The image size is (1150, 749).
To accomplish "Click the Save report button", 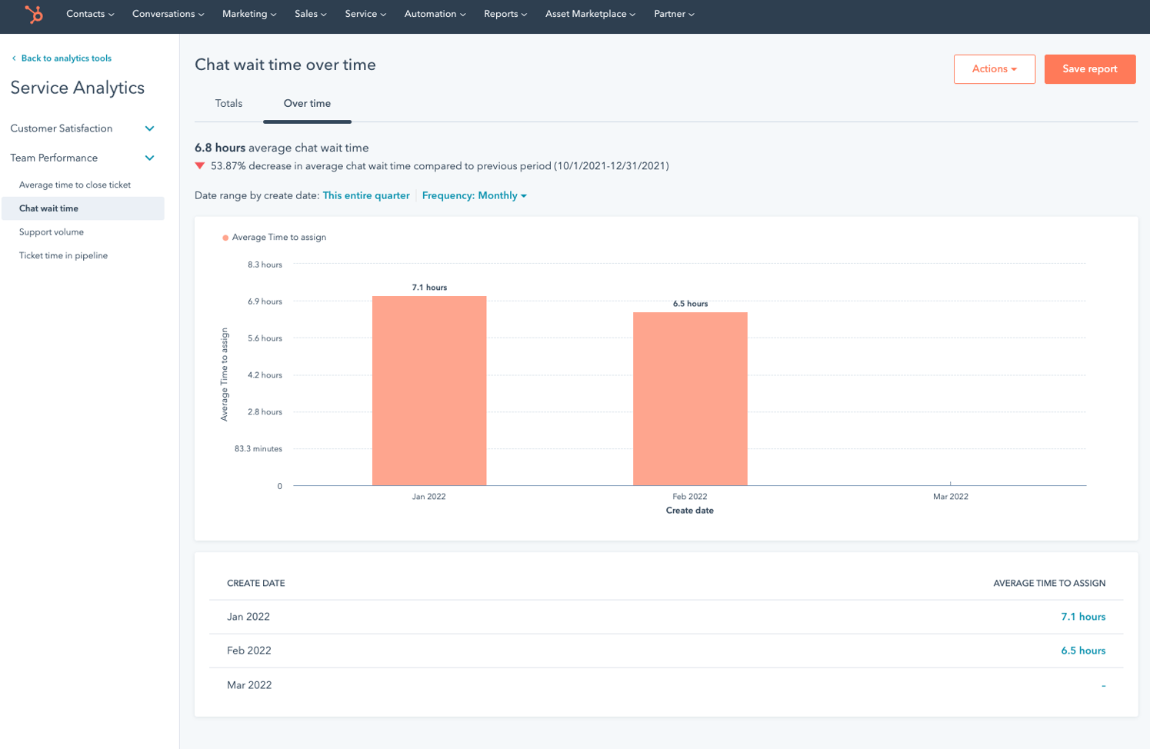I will pyautogui.click(x=1089, y=69).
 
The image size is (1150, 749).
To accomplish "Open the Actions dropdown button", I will pyautogui.click(x=994, y=69).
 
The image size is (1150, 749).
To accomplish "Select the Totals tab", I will pyautogui.click(x=228, y=104).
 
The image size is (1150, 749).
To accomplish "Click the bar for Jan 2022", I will pyautogui.click(x=429, y=391).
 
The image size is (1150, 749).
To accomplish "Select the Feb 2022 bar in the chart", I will pyautogui.click(x=690, y=398).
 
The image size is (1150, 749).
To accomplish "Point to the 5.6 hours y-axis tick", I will pyautogui.click(x=265, y=338).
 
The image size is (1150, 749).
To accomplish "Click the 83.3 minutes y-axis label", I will pyautogui.click(x=258, y=449).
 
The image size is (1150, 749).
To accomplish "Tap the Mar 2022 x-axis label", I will pyautogui.click(x=950, y=497).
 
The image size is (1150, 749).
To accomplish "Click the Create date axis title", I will pyautogui.click(x=689, y=511).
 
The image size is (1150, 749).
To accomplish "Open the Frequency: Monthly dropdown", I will pyautogui.click(x=474, y=196).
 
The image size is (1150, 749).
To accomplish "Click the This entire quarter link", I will pyautogui.click(x=366, y=196).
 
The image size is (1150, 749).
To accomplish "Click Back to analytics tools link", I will pyautogui.click(x=65, y=58).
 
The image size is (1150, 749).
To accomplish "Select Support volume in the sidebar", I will pyautogui.click(x=52, y=232).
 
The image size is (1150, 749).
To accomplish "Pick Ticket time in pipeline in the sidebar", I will pyautogui.click(x=63, y=256).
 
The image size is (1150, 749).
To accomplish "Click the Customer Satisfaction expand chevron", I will pyautogui.click(x=150, y=129).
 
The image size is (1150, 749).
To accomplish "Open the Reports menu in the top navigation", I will pyautogui.click(x=505, y=14).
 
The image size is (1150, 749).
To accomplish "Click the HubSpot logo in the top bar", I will pyautogui.click(x=34, y=14).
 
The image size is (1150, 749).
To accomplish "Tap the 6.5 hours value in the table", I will pyautogui.click(x=1082, y=651).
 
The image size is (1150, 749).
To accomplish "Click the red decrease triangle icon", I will pyautogui.click(x=200, y=166).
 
